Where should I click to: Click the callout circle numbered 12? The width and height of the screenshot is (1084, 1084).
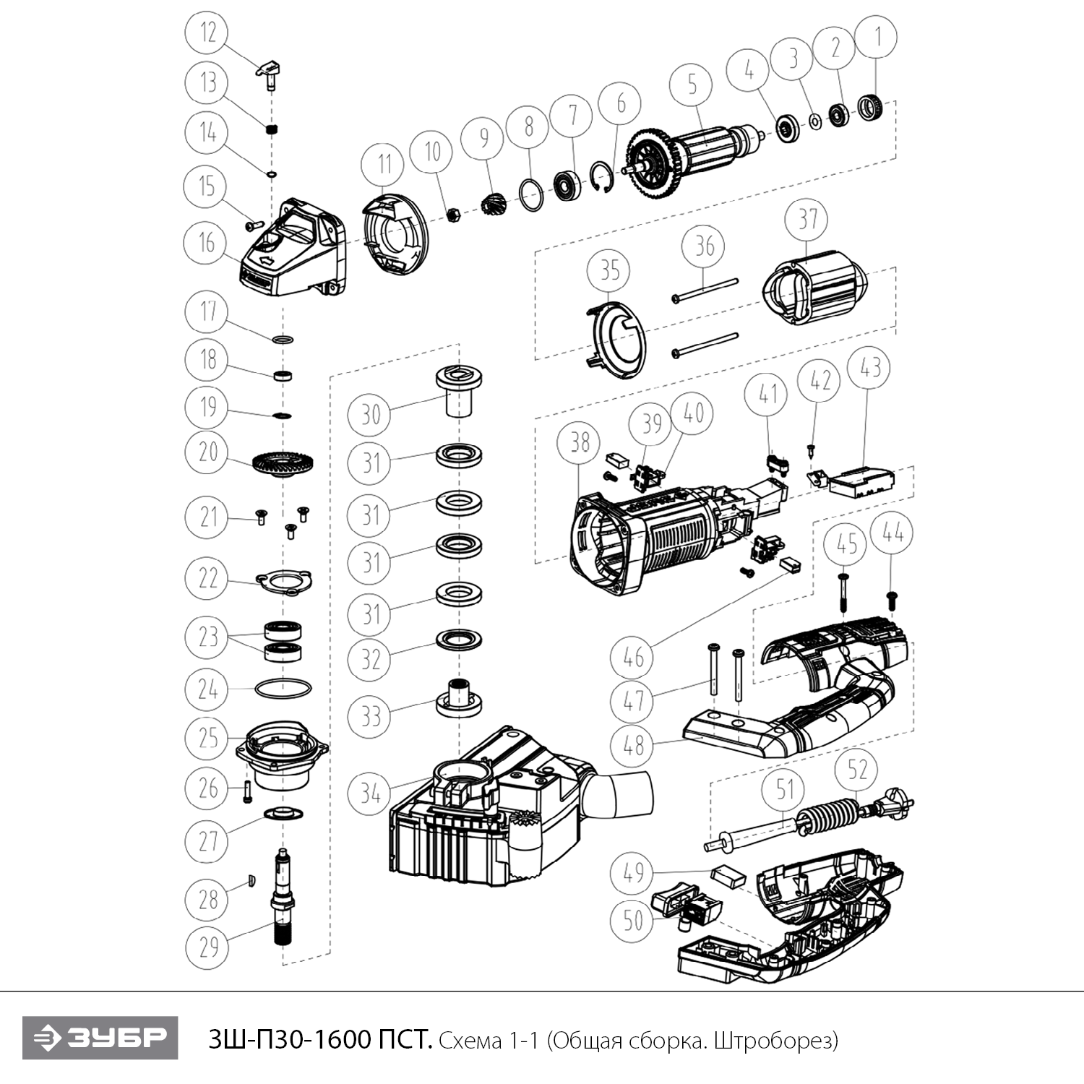[207, 33]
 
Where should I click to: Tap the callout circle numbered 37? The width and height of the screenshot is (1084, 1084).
[807, 220]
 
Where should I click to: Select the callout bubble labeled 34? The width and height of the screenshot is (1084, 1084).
[370, 793]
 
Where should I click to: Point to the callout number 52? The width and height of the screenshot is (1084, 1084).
[857, 769]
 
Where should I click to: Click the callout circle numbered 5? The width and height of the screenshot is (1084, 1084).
[692, 85]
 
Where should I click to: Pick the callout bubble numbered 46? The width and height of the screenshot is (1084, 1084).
[632, 658]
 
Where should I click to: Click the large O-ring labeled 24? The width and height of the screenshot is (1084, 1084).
[283, 688]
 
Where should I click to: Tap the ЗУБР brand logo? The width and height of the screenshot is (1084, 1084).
[100, 1038]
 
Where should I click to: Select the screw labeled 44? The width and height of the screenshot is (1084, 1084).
[891, 599]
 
